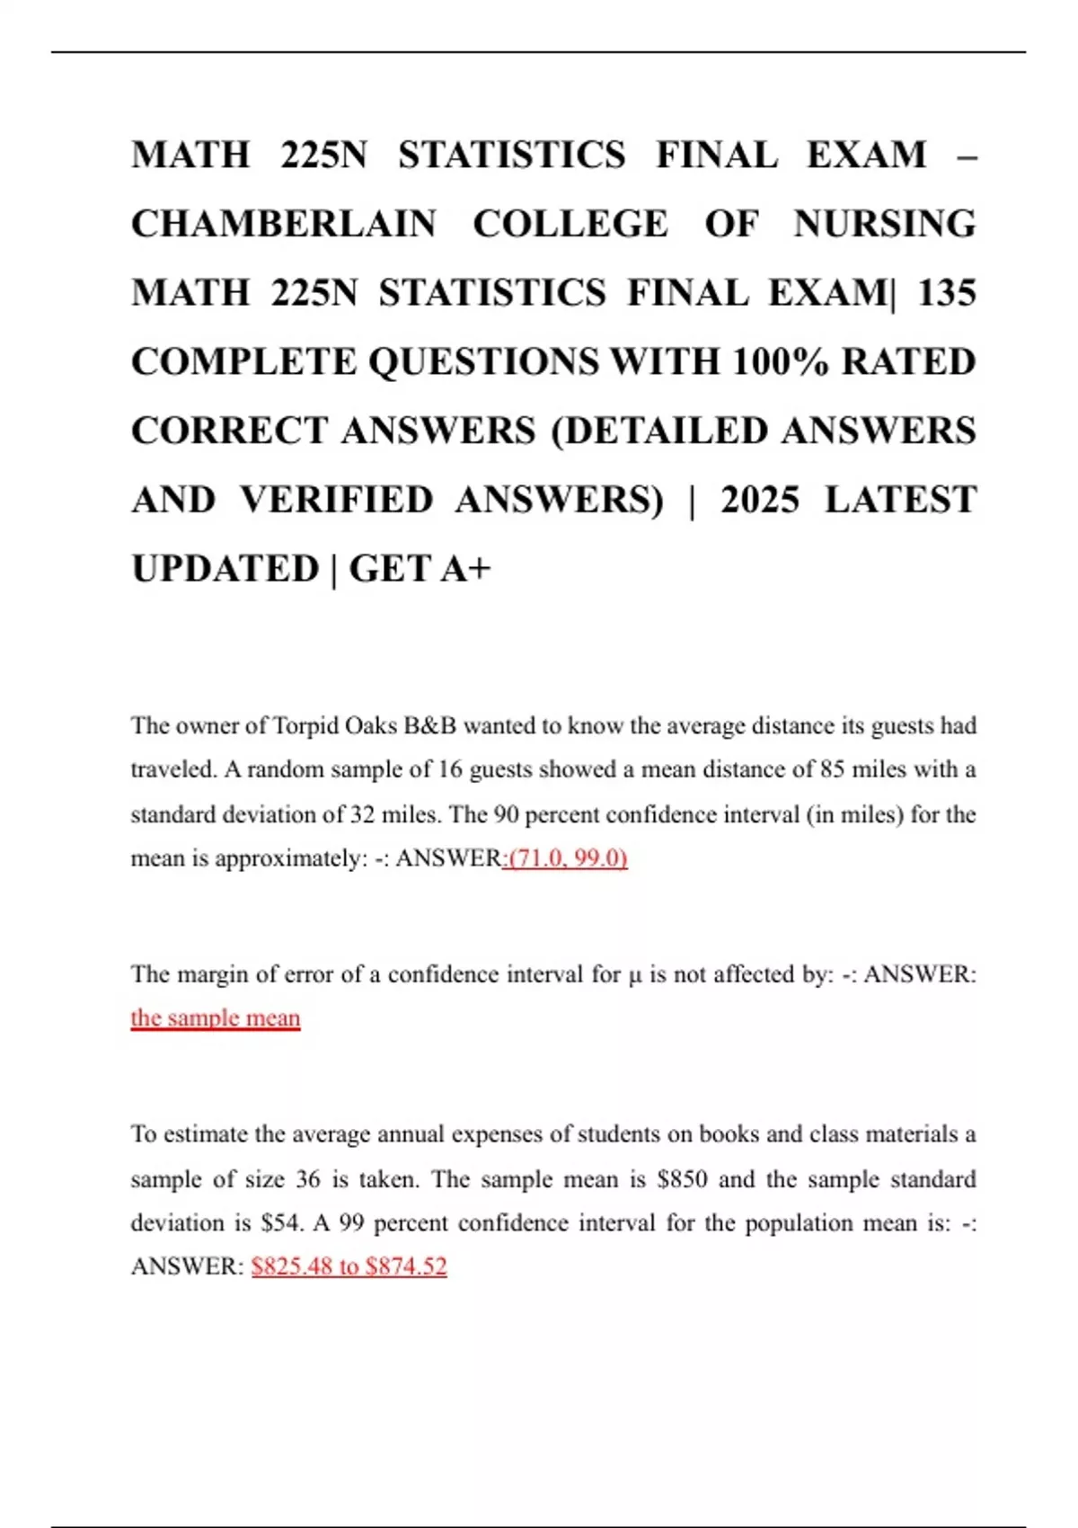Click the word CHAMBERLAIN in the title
tap(284, 225)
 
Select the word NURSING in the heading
tap(885, 225)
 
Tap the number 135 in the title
tap(946, 294)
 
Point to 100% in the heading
tap(780, 362)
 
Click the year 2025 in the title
tap(759, 501)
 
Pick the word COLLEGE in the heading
tap(570, 225)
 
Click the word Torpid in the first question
tap(305, 726)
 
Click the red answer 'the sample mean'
tap(216, 1018)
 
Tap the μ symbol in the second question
tap(635, 975)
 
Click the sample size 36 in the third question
tap(307, 1179)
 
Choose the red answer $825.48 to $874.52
tap(349, 1267)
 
